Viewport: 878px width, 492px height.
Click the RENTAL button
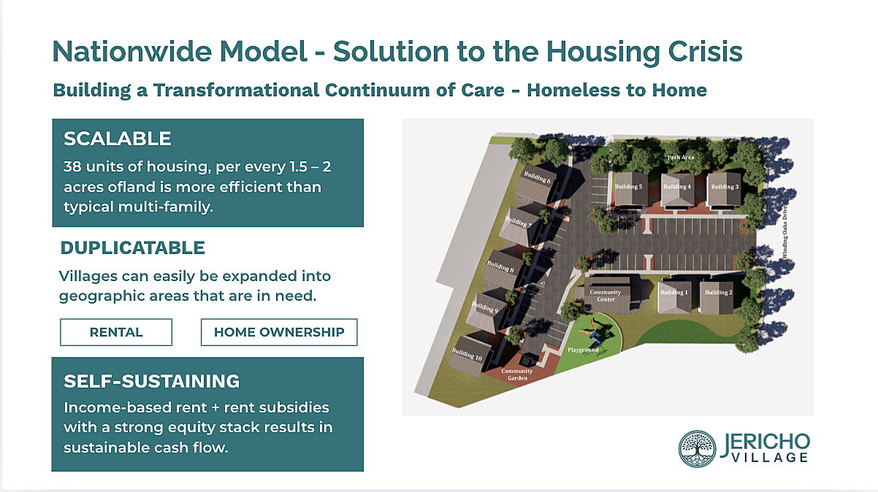click(116, 332)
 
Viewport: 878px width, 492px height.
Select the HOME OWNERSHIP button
click(279, 332)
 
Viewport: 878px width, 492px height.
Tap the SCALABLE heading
click(117, 139)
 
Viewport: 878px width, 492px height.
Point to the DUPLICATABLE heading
click(132, 248)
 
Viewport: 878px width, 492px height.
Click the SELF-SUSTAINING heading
click(151, 381)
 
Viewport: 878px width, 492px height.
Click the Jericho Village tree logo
click(698, 449)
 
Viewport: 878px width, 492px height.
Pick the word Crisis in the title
click(705, 52)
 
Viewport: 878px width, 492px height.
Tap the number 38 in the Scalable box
click(72, 166)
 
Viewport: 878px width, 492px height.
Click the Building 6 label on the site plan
click(538, 177)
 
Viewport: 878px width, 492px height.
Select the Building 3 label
click(725, 187)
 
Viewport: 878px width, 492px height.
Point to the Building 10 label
click(467, 354)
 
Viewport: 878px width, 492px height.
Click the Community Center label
click(606, 296)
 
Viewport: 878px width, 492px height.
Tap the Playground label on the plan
click(583, 350)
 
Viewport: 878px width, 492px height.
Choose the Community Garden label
click(517, 374)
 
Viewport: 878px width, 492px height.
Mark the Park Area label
click(681, 157)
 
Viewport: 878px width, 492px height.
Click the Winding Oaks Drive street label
click(785, 232)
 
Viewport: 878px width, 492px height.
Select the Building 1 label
click(674, 292)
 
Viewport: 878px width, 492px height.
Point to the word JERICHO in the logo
click(765, 443)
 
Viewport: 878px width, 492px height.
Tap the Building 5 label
click(629, 186)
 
